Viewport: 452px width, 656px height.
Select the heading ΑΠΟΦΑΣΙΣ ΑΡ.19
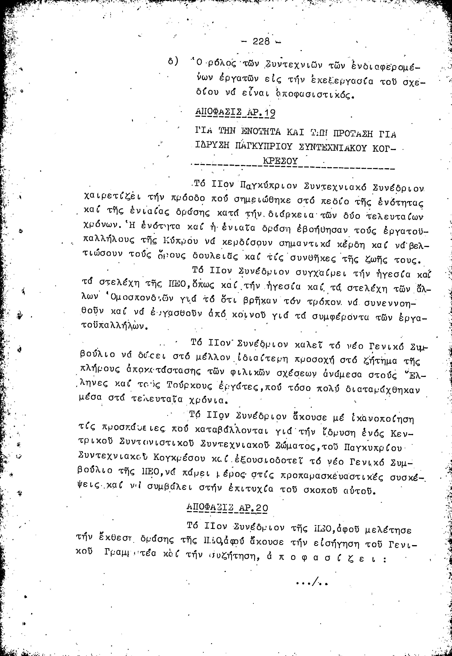(x=235, y=112)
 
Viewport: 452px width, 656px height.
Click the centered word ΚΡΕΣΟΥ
(x=280, y=161)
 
